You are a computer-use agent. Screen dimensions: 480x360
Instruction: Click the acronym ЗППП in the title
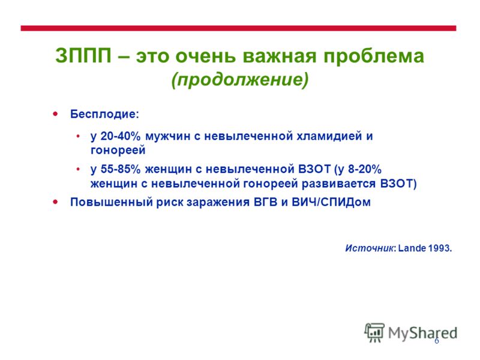[83, 56]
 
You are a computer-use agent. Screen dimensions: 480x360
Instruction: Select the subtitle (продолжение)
[240, 80]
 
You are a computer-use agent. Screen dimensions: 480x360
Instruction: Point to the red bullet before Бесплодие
[55, 114]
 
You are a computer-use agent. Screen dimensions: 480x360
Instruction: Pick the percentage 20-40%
[121, 136]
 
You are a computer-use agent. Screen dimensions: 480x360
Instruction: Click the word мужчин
[167, 136]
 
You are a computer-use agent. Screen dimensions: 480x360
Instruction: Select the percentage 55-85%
[121, 169]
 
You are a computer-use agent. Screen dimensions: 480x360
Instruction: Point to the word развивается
[338, 184]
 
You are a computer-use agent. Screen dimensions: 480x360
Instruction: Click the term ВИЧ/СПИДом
[331, 202]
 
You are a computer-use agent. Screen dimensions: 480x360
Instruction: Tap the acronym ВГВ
[265, 202]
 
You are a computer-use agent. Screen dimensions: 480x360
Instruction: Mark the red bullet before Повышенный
[55, 202]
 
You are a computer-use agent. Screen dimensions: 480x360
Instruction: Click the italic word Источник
[369, 248]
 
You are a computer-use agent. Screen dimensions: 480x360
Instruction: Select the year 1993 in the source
[439, 248]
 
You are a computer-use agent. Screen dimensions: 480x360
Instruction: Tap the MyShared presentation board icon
[374, 332]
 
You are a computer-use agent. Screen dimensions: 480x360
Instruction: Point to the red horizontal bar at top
[238, 28]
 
